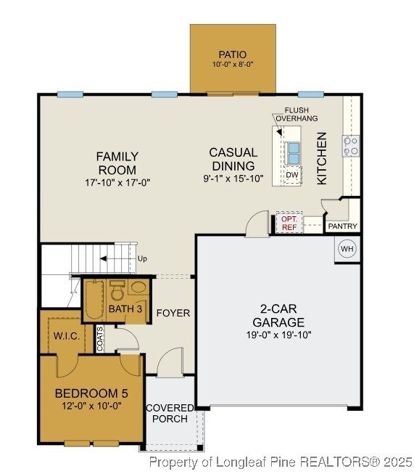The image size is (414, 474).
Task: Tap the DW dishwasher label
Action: pos(292,175)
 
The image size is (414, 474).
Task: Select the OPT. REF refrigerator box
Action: pos(289,223)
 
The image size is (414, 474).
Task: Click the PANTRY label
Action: pos(342,226)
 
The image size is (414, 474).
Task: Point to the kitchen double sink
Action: pos(293,153)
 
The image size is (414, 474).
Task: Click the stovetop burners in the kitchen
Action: pos(351,146)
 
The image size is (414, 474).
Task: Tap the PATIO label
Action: pos(233,54)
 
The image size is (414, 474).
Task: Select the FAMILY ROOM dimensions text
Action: pos(117,183)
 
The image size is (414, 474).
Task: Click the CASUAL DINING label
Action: pos(233,158)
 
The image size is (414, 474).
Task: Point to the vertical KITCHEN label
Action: pos(322,158)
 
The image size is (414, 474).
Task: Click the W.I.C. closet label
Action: pos(66,335)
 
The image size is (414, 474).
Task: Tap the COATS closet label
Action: pos(100,338)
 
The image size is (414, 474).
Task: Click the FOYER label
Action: pos(173,313)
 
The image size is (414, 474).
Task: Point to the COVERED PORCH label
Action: pos(170,413)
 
